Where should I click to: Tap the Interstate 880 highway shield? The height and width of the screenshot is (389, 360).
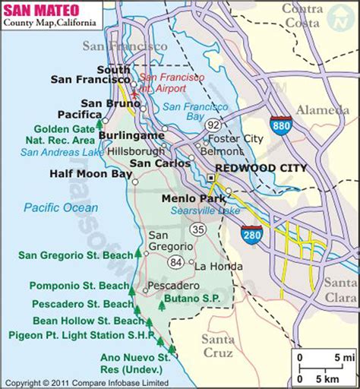click(279, 125)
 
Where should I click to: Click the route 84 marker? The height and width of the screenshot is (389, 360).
click(176, 262)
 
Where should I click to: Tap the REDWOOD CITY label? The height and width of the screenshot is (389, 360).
click(261, 168)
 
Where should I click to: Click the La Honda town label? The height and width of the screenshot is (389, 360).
click(218, 267)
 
